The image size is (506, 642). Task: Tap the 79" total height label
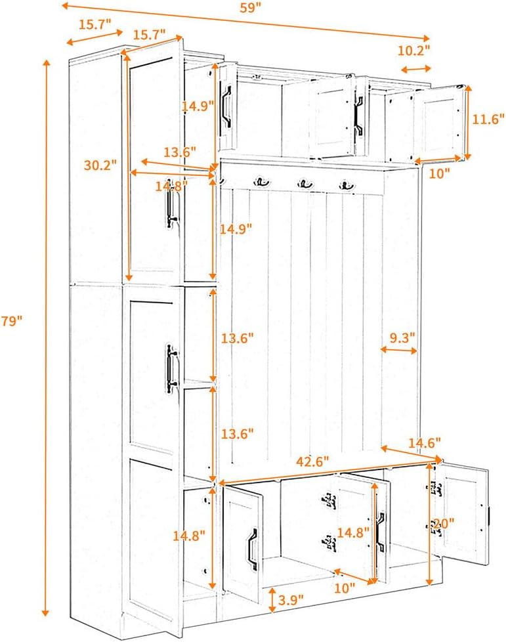[12, 321]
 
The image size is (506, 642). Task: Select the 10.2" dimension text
[414, 50]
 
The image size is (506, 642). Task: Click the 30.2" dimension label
[100, 165]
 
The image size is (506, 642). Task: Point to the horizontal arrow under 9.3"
[399, 351]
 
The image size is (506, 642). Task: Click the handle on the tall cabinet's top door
[173, 203]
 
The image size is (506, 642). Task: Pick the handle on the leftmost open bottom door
[252, 544]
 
